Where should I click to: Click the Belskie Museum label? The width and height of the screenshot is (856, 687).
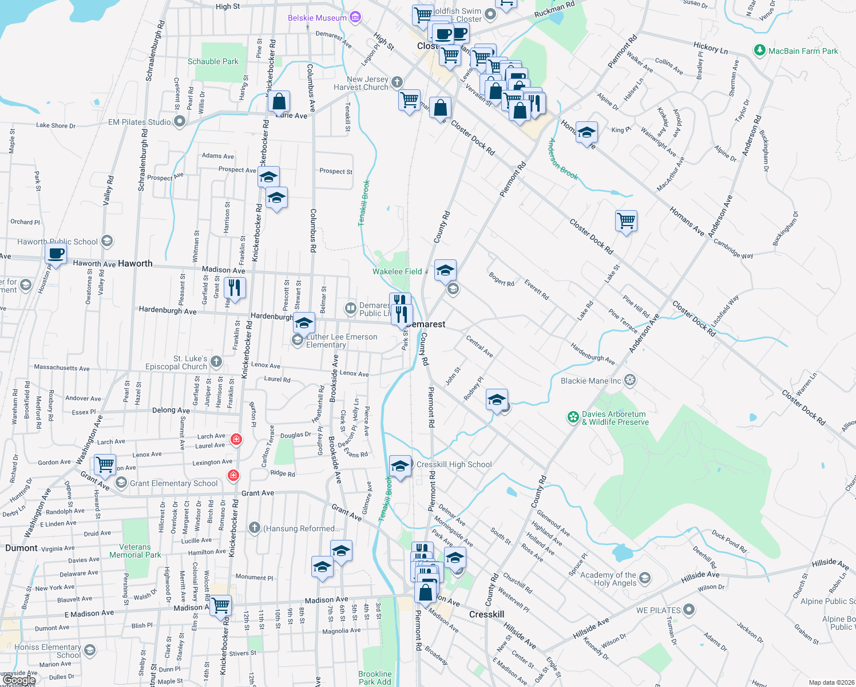tap(317, 18)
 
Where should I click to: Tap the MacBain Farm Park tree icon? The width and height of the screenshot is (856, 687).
tap(759, 51)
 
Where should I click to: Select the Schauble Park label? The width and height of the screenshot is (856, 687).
tap(213, 61)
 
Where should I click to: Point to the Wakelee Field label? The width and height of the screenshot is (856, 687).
tap(397, 271)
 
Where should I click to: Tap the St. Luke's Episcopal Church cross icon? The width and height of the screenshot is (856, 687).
tap(216, 361)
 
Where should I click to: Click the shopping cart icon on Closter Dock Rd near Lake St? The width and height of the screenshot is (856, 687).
tap(627, 220)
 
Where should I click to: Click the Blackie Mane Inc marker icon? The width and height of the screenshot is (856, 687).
tap(630, 380)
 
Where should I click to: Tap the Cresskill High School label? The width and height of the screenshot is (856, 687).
tap(454, 464)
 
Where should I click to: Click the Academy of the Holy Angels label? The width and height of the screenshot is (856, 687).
tap(608, 579)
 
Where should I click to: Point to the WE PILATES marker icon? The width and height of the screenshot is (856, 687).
tap(689, 610)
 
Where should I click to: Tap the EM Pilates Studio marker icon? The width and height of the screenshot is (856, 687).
tap(180, 121)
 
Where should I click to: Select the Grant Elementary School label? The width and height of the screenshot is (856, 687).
tap(173, 483)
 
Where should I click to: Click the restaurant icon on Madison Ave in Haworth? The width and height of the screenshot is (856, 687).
tap(235, 287)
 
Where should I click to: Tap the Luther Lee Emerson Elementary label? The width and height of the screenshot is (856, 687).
tap(342, 341)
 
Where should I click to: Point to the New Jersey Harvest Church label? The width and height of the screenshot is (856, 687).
tap(360, 83)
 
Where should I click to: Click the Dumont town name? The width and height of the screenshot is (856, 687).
tap(21, 548)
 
